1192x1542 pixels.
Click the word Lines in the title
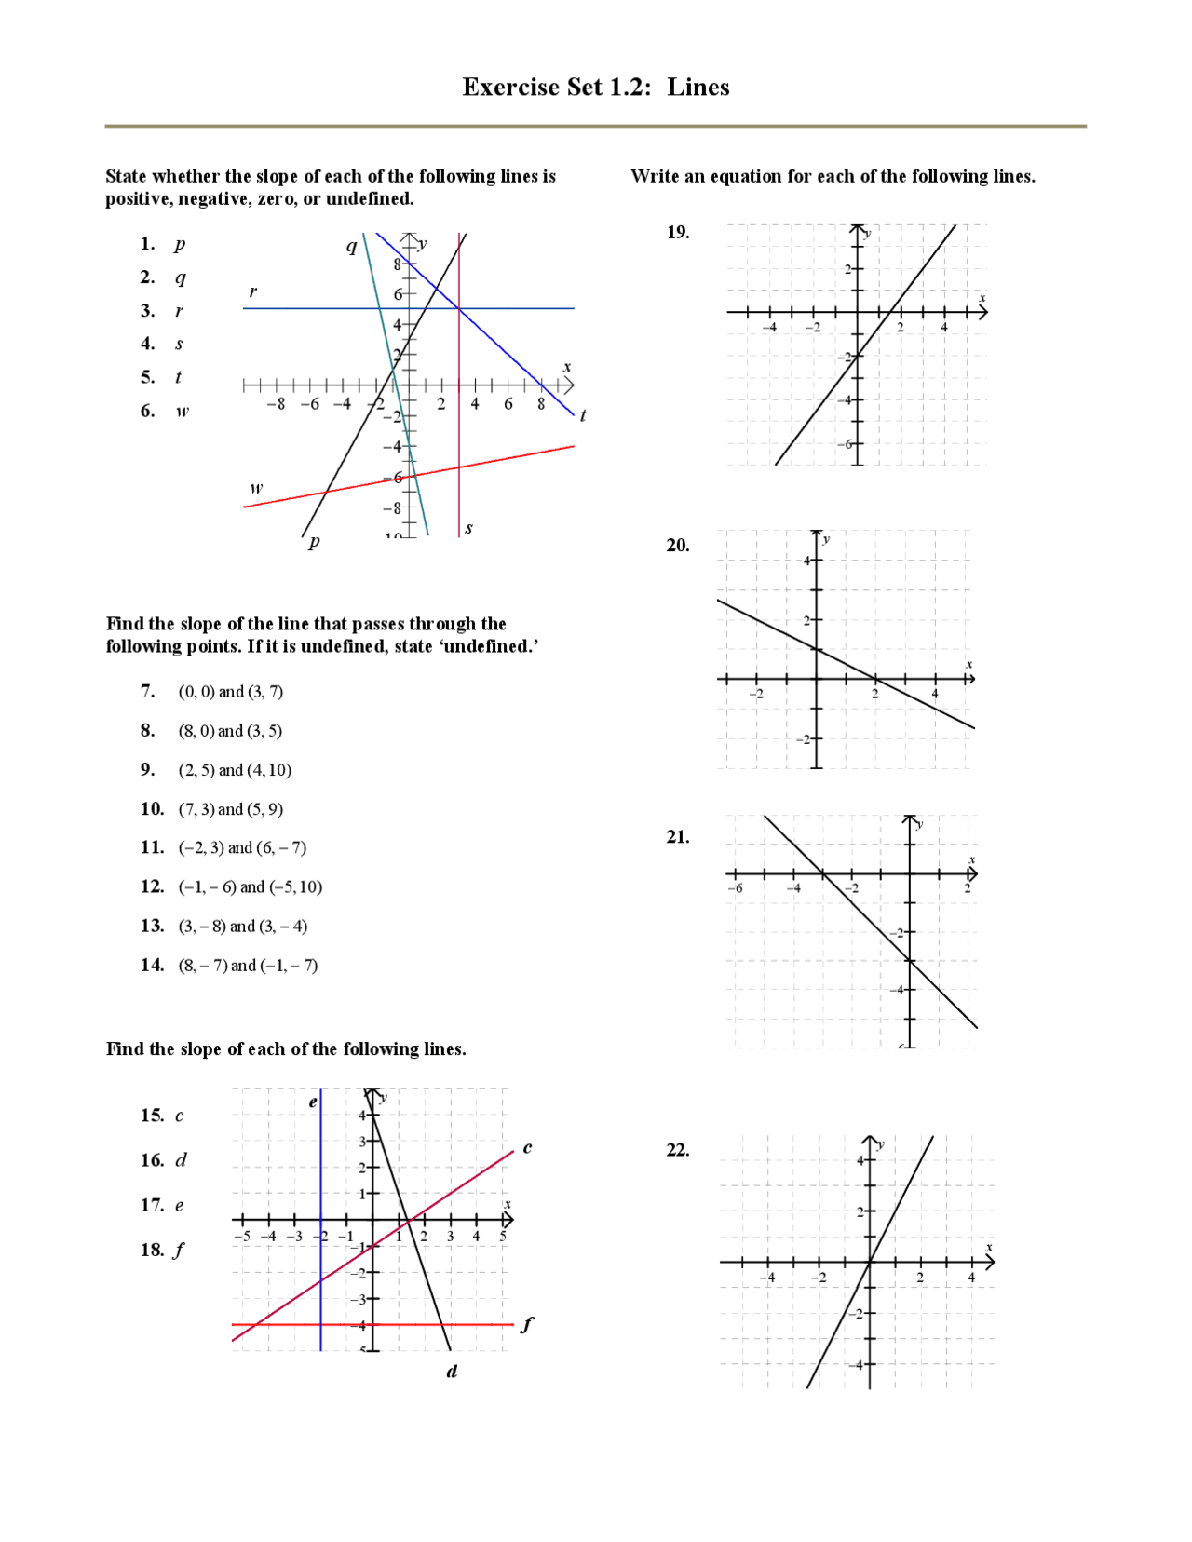coord(698,88)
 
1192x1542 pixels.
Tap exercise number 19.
coord(678,232)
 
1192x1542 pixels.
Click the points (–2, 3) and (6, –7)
coord(242,847)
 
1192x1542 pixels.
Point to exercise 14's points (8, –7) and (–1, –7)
coord(248,966)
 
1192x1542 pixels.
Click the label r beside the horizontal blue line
coord(252,292)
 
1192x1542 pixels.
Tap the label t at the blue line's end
coord(583,415)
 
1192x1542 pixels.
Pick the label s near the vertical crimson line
coord(468,528)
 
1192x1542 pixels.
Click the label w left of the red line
coord(256,488)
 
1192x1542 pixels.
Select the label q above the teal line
coord(351,246)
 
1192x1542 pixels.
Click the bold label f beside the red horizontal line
coord(527,1323)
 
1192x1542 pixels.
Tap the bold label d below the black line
coord(452,1371)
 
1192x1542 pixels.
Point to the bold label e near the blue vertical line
coord(313,1102)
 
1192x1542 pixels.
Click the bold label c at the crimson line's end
coord(527,1147)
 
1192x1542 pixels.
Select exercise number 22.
coord(678,1150)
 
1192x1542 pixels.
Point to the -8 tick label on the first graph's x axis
coord(276,404)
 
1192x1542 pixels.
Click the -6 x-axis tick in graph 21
coord(735,888)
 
